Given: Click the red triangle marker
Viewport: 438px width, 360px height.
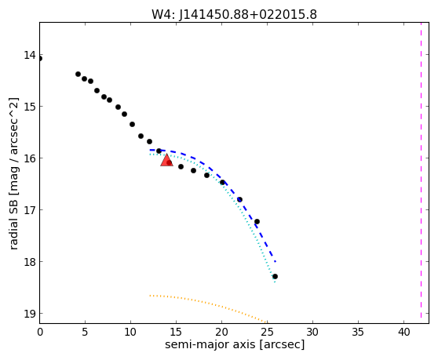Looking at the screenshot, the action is click(166, 160).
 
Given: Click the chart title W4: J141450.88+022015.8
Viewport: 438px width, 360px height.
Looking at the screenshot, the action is click(234, 14).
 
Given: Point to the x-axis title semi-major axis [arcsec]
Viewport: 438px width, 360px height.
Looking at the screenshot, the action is click(235, 344).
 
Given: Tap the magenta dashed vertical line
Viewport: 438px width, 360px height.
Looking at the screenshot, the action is click(421, 170).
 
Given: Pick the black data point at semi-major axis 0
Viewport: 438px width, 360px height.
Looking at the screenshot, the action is click(40, 58).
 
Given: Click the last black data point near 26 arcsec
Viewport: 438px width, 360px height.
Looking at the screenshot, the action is click(275, 276).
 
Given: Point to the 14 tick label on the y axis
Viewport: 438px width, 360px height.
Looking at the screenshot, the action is click(30, 55).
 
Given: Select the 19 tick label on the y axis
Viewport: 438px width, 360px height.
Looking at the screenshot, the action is click(30, 314).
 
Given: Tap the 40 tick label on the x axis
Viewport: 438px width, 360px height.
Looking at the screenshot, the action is click(403, 332).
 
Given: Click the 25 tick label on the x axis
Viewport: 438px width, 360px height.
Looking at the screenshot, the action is click(267, 332).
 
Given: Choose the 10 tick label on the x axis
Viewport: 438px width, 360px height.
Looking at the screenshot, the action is click(130, 332).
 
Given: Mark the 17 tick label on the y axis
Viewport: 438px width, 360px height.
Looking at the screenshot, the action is click(30, 210).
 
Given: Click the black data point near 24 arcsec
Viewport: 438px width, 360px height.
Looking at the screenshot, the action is click(257, 222).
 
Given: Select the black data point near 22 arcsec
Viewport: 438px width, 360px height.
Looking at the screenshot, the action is click(239, 199).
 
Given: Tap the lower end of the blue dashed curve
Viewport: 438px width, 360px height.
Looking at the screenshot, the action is click(276, 261).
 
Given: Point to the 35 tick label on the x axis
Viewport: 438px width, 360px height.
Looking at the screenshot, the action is click(358, 332).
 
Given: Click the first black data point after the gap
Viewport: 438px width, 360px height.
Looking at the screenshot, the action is click(78, 74).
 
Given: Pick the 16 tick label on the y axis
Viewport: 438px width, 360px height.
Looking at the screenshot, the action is click(30, 158).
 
